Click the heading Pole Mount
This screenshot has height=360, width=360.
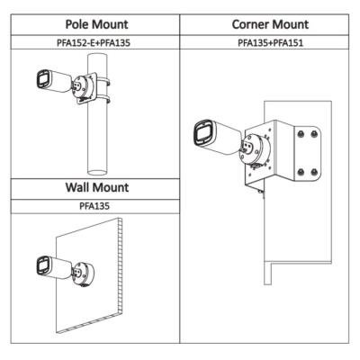96,24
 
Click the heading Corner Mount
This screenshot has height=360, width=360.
270,24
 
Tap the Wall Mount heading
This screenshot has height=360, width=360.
97,187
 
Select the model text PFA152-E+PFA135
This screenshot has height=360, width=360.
94,42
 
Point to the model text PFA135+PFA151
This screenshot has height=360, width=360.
271,42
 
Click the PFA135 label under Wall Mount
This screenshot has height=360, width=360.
94,206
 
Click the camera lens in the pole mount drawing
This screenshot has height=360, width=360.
42,79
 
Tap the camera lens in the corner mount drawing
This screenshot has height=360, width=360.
203,133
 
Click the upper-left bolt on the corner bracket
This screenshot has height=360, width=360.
301,134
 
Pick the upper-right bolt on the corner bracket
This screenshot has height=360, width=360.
314,134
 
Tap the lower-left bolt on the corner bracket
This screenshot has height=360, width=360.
301,172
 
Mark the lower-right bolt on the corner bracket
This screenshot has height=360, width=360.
314,172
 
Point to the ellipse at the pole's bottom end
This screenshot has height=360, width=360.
97,172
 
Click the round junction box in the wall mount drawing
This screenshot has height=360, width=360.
85,274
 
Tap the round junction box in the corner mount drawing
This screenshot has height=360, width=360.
256,149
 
